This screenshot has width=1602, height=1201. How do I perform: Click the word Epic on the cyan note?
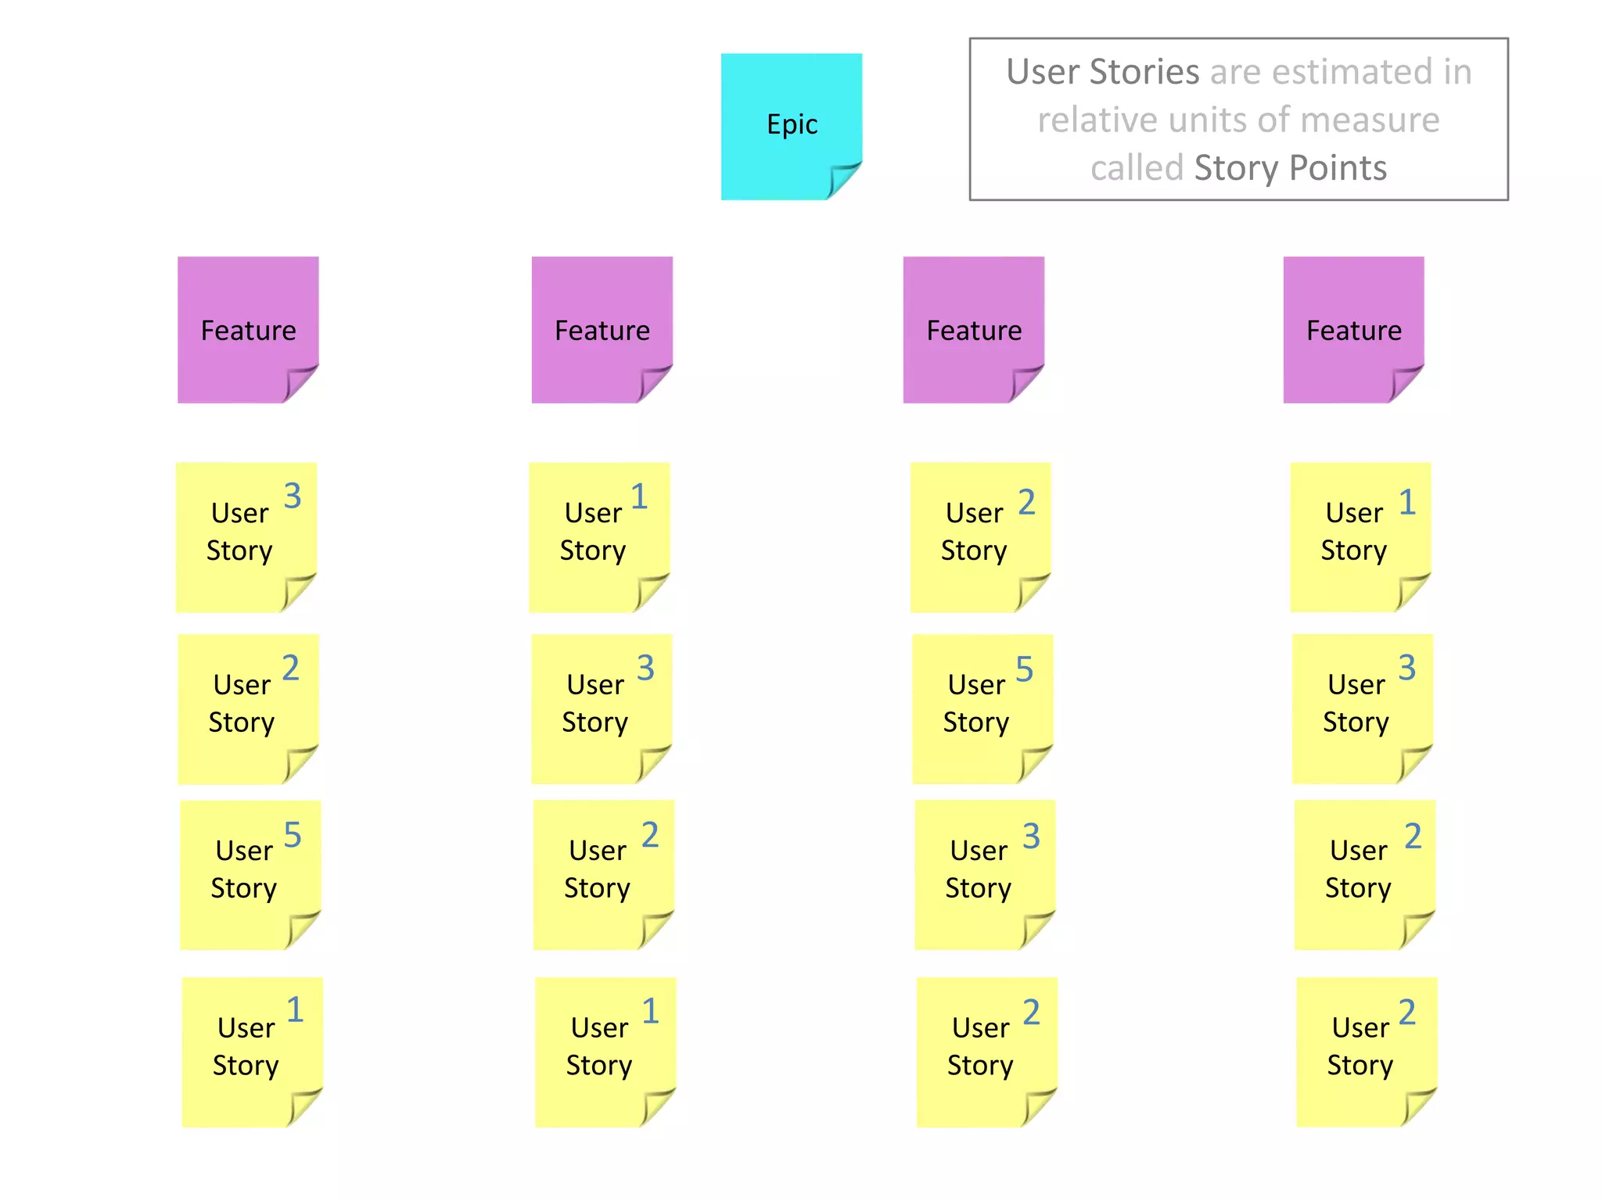pos(792,124)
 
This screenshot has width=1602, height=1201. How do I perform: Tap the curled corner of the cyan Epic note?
pos(843,180)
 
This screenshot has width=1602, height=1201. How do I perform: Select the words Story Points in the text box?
pos(1290,168)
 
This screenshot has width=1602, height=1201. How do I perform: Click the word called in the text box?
pos(1137,168)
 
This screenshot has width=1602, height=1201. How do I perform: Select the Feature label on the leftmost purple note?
pos(248,331)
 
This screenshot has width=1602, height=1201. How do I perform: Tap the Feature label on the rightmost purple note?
pos(1353,331)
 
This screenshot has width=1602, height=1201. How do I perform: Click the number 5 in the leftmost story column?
pos(293,835)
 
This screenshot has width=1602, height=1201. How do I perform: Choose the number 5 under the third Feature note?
pos(1024,669)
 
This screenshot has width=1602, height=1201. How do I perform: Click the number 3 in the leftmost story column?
pos(293,496)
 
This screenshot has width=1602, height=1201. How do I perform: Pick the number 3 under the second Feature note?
pos(645,668)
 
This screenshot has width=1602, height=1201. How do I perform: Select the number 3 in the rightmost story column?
pos(1406,668)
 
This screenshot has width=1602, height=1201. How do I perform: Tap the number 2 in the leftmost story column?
pos(290,668)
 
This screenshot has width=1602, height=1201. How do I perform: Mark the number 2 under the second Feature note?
pos(650,835)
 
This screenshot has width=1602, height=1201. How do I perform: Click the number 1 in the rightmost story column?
pos(1406,502)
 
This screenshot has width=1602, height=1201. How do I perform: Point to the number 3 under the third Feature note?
pos(1031,836)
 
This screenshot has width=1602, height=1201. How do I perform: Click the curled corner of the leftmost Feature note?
pos(300,383)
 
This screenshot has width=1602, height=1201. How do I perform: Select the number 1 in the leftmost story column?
pos(294,1010)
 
